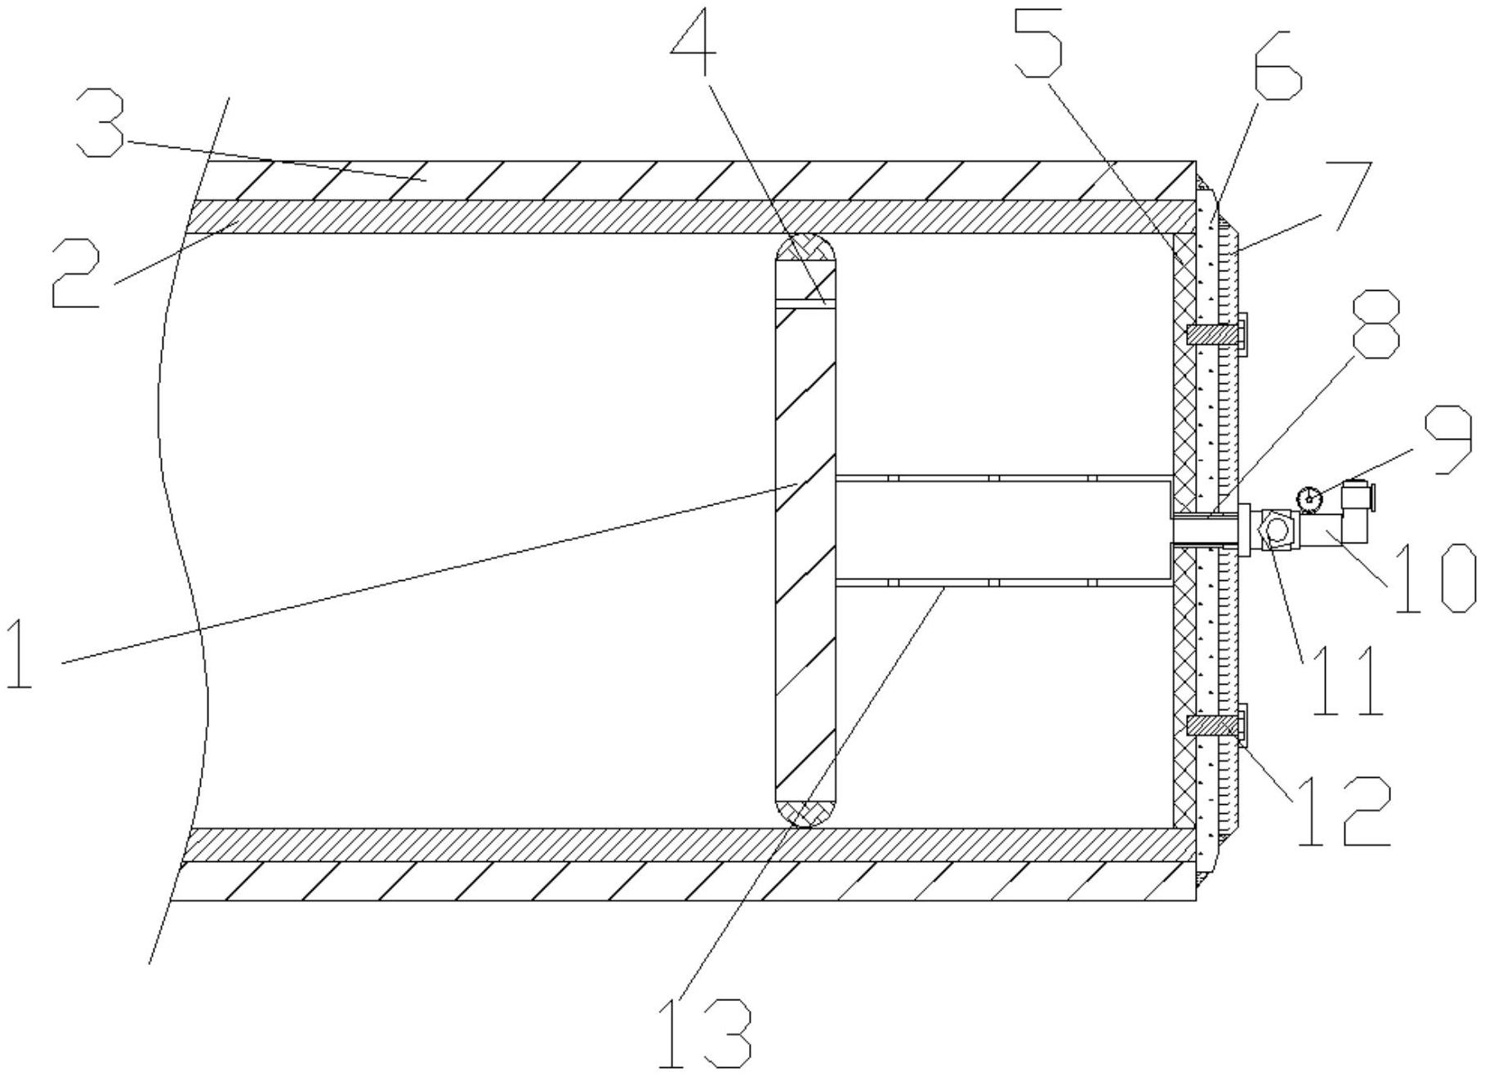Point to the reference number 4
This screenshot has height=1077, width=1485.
click(x=693, y=41)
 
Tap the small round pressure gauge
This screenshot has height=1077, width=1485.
click(x=1309, y=496)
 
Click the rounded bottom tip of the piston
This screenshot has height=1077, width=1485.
click(x=805, y=813)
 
